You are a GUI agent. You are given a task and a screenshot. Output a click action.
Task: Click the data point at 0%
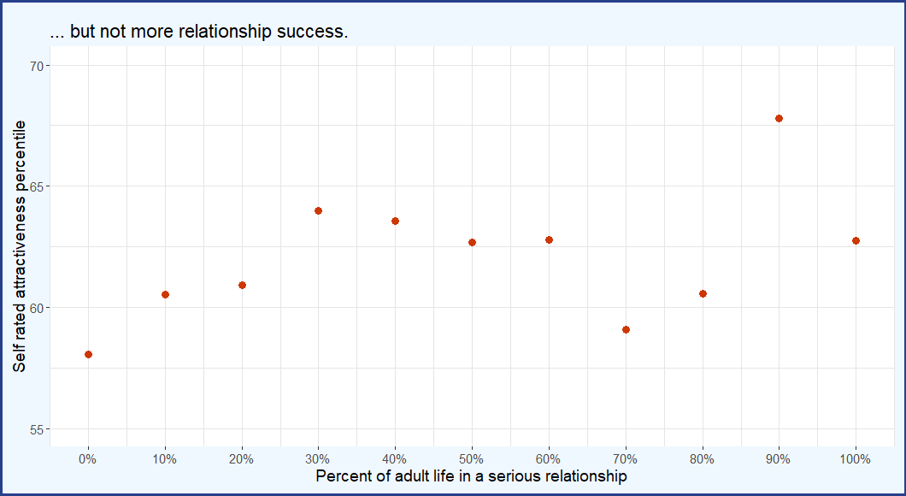coord(88,354)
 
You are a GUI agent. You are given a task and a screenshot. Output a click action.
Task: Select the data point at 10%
coord(165,294)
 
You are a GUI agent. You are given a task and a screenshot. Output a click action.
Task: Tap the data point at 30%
coord(318,210)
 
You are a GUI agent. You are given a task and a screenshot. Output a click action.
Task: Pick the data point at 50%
coord(472,242)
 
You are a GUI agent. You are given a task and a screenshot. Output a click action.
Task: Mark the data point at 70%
coord(626,329)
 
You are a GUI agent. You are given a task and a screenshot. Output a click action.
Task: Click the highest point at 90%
coord(779,118)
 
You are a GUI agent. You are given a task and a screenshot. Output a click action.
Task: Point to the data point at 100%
coord(856,240)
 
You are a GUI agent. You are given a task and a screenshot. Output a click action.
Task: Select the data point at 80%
coord(703,293)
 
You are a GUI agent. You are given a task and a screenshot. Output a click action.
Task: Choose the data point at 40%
coord(395,221)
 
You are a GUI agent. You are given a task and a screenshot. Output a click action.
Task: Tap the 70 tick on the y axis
coord(38,66)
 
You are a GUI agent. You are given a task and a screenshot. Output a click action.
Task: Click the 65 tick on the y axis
coord(38,186)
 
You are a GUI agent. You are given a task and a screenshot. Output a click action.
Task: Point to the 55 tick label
coord(38,428)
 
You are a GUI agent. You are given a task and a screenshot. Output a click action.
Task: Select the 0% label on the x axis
coord(88,459)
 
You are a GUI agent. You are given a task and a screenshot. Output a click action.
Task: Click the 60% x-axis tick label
coord(549,459)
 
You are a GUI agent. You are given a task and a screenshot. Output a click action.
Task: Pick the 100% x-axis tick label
coord(856,459)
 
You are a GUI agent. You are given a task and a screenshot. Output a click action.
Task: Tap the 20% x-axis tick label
coord(242,459)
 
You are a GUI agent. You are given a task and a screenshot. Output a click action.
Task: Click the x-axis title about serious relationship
coord(471,476)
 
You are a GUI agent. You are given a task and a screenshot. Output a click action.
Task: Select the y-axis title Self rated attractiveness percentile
coord(19,246)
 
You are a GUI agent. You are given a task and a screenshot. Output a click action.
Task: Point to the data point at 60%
coord(549,239)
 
